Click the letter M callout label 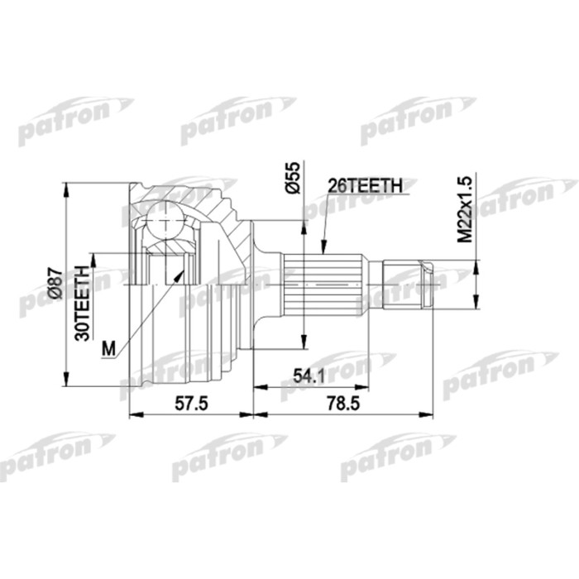(x=108, y=348)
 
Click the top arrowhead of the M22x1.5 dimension (x=477, y=264)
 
